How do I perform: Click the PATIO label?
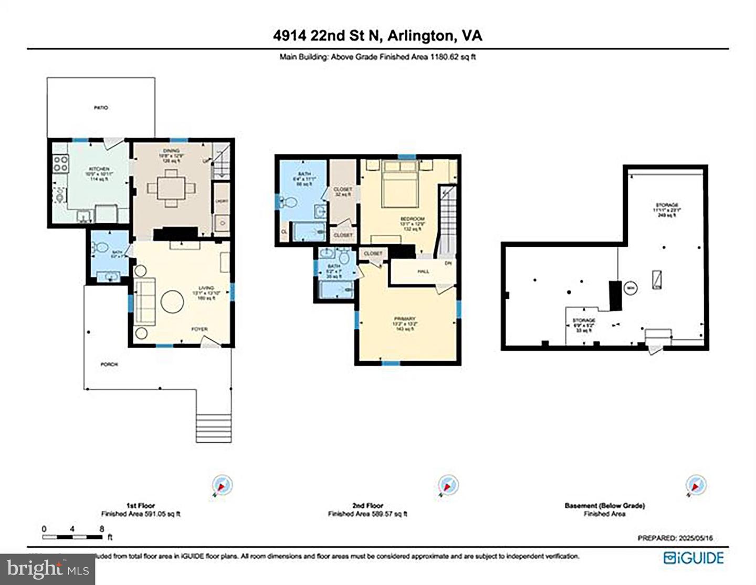(x=101, y=108)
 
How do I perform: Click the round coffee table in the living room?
(x=172, y=302)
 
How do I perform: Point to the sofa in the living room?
(x=145, y=301)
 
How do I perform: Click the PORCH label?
(x=109, y=364)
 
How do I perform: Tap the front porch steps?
(x=214, y=428)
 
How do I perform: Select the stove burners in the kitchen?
(x=61, y=164)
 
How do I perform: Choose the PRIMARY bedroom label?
(x=405, y=319)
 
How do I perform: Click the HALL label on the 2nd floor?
(x=423, y=271)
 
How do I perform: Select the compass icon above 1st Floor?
(x=222, y=486)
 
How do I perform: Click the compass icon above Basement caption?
(x=696, y=486)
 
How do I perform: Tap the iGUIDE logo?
(x=693, y=558)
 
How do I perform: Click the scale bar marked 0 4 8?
(x=73, y=537)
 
